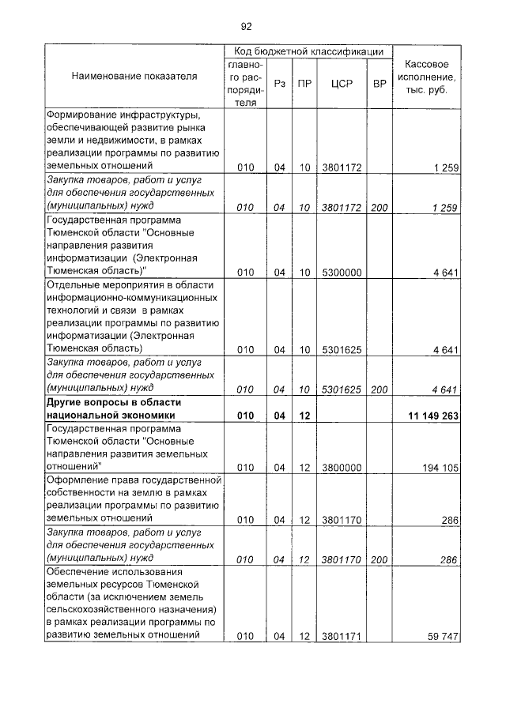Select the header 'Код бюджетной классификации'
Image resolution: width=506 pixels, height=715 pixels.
308,51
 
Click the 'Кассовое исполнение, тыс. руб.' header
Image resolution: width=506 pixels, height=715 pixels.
427,77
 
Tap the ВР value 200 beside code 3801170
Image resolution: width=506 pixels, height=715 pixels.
379,559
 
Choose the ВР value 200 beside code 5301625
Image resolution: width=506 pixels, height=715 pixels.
379,389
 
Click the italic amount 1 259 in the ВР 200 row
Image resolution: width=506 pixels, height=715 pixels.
446,207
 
